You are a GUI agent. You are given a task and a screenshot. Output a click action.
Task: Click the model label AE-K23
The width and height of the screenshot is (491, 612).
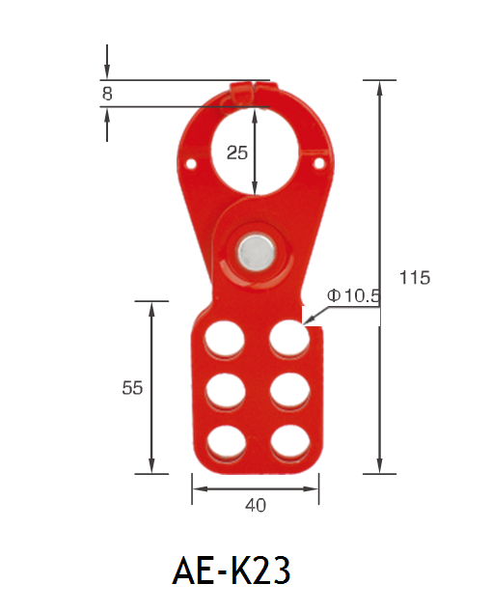[x=232, y=570]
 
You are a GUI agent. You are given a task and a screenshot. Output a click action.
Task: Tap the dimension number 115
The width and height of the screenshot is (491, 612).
[x=415, y=277]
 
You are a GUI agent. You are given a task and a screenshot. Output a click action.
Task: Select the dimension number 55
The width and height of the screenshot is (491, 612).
[x=132, y=388]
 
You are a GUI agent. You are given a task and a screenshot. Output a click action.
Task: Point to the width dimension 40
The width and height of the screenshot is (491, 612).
[x=256, y=505]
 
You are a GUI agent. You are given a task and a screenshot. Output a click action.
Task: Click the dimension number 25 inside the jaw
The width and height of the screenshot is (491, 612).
[x=237, y=153]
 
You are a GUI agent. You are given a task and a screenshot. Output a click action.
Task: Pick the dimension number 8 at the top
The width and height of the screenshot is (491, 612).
[x=107, y=94]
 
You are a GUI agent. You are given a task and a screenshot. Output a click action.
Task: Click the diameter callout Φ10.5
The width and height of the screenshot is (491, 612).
[x=353, y=295]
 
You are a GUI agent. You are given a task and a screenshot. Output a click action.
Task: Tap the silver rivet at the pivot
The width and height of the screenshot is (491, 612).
[x=257, y=252]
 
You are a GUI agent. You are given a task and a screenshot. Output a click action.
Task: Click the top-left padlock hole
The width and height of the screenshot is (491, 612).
[x=225, y=339]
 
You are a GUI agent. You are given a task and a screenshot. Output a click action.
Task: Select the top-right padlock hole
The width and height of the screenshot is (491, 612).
[x=289, y=339]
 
